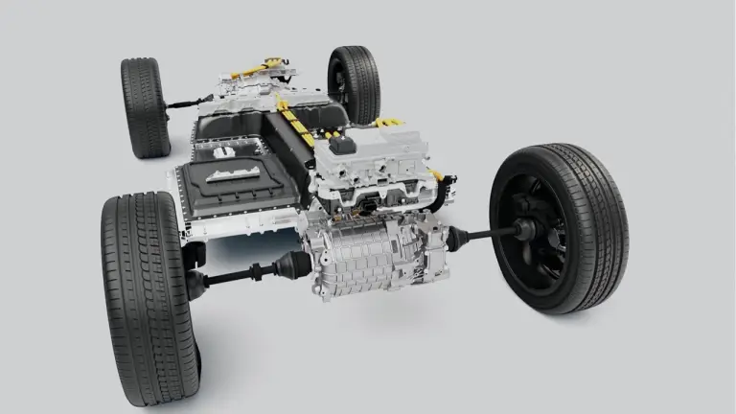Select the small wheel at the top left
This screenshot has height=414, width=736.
tap(145, 106)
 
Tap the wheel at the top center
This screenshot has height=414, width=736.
tap(354, 83)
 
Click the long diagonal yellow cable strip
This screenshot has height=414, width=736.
tap(296, 129)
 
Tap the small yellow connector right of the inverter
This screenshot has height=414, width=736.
tap(435, 174)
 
